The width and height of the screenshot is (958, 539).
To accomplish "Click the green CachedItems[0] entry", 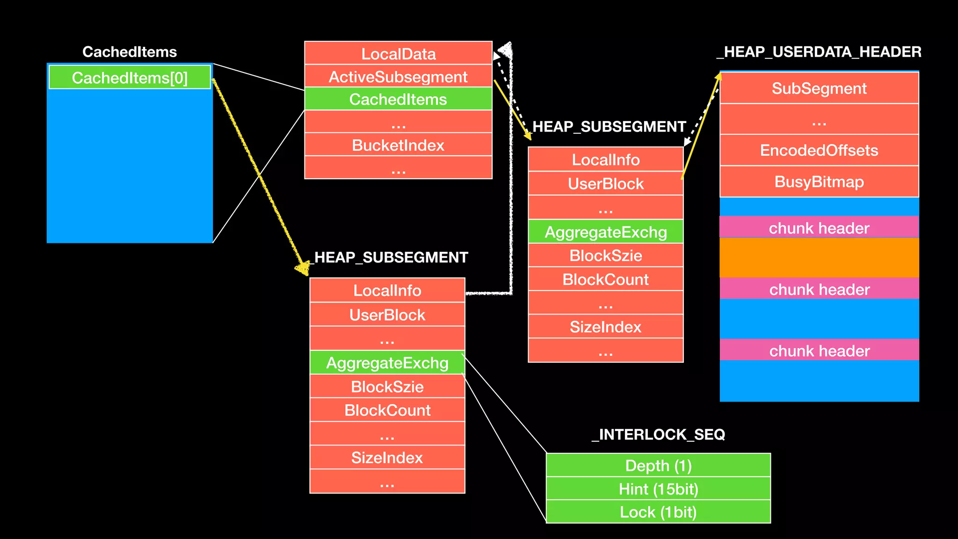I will (130, 78).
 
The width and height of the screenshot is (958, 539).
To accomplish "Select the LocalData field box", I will (398, 54).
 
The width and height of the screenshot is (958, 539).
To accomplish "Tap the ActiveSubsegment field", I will (398, 77).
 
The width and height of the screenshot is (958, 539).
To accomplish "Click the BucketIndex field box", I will (398, 145).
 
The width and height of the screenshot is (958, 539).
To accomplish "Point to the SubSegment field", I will (819, 88).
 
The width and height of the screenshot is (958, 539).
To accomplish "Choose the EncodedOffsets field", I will (819, 150).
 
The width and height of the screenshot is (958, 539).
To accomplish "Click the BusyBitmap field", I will (819, 182).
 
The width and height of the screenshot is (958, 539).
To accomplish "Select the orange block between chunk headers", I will (819, 258).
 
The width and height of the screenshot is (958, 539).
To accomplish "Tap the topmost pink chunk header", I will (819, 228).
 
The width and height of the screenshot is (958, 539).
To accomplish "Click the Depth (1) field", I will (658, 466).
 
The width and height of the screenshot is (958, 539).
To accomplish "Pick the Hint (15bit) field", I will (658, 489).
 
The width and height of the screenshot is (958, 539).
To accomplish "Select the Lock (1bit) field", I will (658, 512).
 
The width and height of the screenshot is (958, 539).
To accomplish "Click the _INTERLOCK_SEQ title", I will (658, 434).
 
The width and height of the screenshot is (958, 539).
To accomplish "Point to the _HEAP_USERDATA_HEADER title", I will (819, 51).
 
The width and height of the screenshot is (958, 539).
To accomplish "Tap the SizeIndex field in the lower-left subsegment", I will (387, 458).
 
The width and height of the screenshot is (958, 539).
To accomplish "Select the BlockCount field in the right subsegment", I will (606, 279).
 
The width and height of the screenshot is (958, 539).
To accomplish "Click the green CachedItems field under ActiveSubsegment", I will (398, 99).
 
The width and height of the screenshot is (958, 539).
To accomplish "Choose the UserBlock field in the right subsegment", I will (606, 184).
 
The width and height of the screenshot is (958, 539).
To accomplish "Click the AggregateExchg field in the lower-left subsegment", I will (387, 363).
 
